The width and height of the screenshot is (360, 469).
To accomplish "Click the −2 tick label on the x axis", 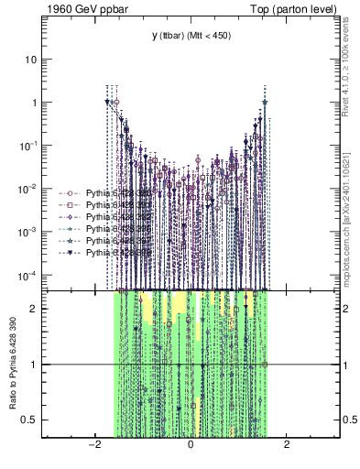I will point(93,446).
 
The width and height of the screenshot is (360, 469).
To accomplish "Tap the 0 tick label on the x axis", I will point(191,446).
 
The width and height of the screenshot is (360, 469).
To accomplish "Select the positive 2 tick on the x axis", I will point(287,446).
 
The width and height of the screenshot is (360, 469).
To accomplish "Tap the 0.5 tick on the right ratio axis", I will point(348,420).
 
